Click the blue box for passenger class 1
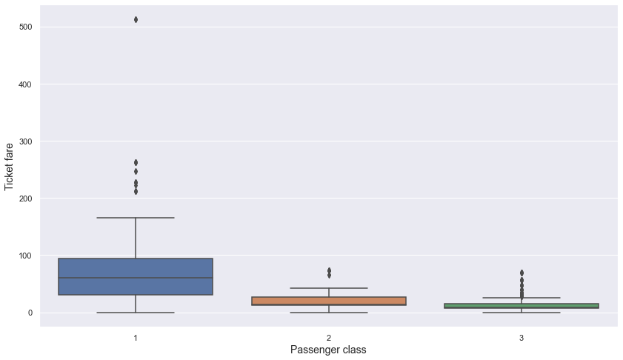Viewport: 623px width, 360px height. click(x=136, y=277)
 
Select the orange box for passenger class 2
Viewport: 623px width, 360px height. click(x=328, y=301)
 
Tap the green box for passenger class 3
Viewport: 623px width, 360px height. click(x=521, y=305)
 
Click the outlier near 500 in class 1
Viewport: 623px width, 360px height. click(x=136, y=19)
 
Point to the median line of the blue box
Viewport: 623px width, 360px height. click(x=136, y=278)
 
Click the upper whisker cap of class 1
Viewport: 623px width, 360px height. click(x=136, y=218)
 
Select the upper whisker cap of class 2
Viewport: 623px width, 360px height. click(x=328, y=287)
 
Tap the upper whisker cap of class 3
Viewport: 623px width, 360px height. click(x=521, y=298)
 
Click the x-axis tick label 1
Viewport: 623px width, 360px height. click(x=136, y=337)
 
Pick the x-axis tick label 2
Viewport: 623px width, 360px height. click(x=328, y=337)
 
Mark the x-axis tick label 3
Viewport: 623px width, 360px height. click(x=521, y=337)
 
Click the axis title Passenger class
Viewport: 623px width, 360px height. click(x=328, y=350)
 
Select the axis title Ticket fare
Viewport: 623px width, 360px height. click(x=10, y=167)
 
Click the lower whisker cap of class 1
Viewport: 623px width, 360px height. click(x=136, y=313)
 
